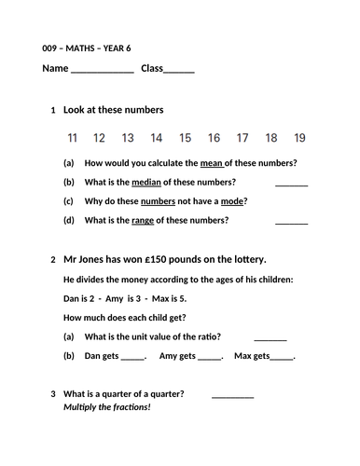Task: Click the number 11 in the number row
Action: coord(73,138)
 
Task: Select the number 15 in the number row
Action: coord(185,138)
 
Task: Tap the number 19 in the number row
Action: coord(299,138)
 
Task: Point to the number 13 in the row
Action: coord(128,138)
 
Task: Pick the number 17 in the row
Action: coord(242,138)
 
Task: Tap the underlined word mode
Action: coord(235,201)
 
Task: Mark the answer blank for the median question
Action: coord(292,184)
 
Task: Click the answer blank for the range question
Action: coord(292,223)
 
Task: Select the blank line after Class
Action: coord(180,71)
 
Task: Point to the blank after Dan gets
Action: coord(133,357)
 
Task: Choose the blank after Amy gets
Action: coord(210,357)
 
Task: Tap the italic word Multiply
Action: coord(82,408)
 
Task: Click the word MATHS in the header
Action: coord(84,48)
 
